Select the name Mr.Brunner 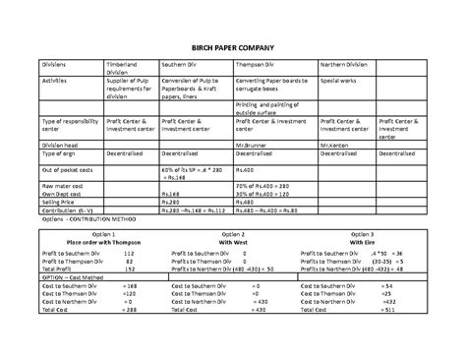[253, 144]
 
